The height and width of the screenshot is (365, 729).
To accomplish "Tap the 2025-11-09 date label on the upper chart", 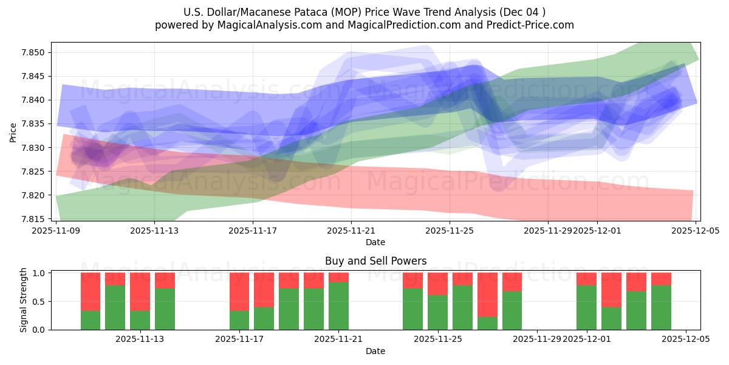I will pyautogui.click(x=56, y=231).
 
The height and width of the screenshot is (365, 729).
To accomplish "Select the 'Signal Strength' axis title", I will pyautogui.click(x=24, y=300).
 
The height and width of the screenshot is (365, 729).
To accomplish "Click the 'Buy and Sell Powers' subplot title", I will pyautogui.click(x=375, y=261).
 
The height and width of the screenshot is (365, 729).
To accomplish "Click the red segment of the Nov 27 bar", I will pyautogui.click(x=487, y=294).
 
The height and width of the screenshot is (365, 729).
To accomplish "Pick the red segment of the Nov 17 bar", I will pyautogui.click(x=239, y=291).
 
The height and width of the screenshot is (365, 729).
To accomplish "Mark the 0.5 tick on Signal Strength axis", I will pyautogui.click(x=40, y=301).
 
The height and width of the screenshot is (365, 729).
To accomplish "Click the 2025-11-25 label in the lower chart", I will pyautogui.click(x=438, y=339).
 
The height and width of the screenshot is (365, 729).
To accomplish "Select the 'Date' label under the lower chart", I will pyautogui.click(x=375, y=351).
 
